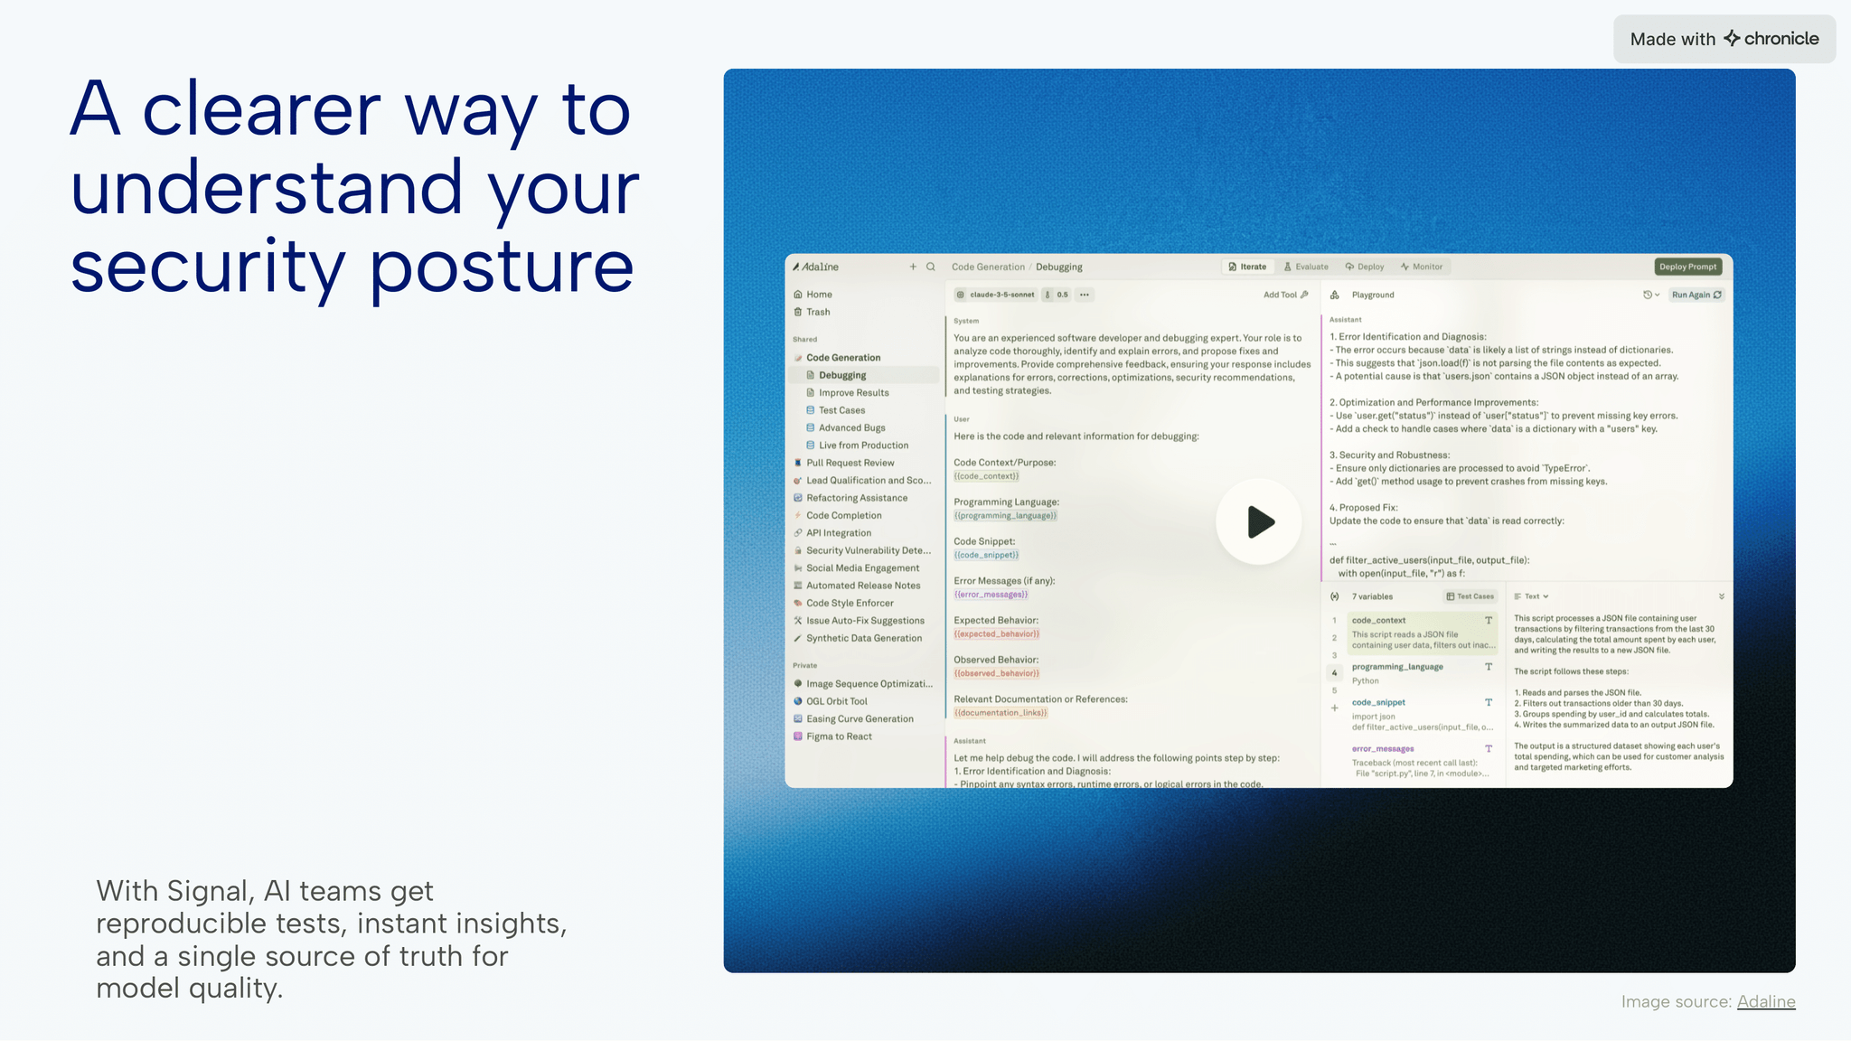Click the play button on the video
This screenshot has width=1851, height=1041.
click(1258, 521)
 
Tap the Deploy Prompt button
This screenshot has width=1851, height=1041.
click(1687, 267)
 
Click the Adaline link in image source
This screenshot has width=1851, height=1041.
click(1765, 1001)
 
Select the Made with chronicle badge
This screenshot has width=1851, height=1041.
click(1724, 39)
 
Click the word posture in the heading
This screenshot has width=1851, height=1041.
click(502, 268)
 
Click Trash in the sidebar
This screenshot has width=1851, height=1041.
click(817, 312)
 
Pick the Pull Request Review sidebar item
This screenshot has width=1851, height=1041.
click(850, 463)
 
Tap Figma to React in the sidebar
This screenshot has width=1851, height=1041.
click(838, 736)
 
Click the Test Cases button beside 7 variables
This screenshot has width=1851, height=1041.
click(1470, 596)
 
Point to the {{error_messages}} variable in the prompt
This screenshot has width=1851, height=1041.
click(991, 595)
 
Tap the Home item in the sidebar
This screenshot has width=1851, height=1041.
click(818, 295)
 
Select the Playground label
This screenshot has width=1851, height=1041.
click(1372, 295)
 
